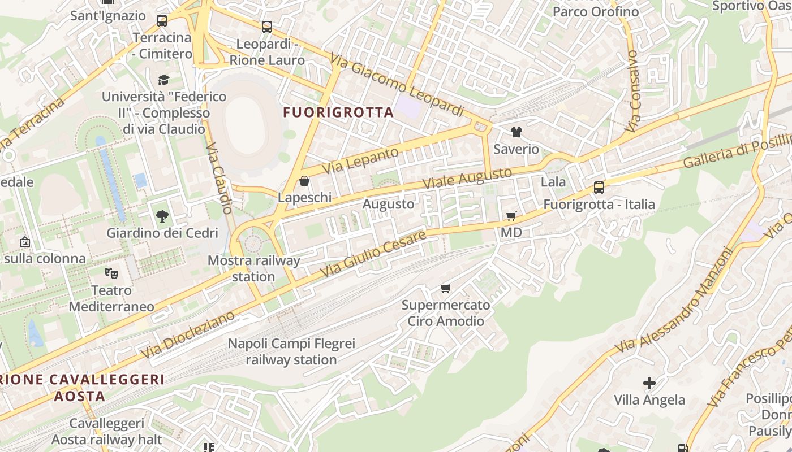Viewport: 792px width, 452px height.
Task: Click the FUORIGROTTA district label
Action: coord(338,112)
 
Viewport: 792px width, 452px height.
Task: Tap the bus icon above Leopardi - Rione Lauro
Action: coord(266,27)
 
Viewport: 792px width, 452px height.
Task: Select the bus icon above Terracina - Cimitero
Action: coord(162,21)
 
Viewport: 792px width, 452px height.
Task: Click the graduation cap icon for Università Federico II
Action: coord(163,80)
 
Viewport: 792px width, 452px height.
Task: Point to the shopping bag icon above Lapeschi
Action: coord(304,181)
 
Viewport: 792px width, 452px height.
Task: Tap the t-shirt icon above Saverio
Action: coord(516,132)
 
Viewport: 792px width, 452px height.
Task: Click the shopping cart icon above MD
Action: coord(511,216)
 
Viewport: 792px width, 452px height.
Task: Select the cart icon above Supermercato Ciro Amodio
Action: coord(446,289)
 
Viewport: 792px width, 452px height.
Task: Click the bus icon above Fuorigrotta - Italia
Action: coord(599,188)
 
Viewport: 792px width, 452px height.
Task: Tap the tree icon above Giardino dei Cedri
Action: coord(162,216)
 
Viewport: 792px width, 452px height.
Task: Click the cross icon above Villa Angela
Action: coord(649,383)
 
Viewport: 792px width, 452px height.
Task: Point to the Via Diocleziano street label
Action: coord(188,334)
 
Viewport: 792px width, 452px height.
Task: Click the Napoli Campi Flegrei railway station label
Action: coord(291,351)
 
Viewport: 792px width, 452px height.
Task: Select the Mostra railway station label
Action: coord(253,268)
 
